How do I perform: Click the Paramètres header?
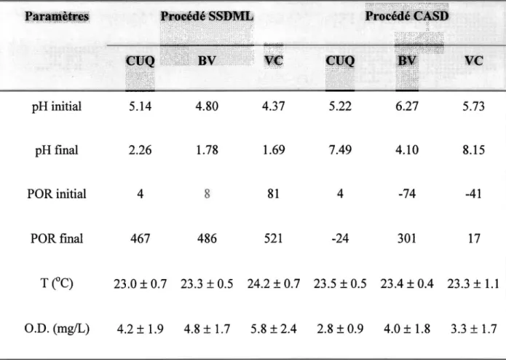[x=57, y=16]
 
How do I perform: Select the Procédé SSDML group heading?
[x=207, y=16]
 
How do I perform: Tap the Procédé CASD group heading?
[x=407, y=16]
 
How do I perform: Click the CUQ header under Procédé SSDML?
[x=140, y=60]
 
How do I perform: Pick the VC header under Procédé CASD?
[x=474, y=60]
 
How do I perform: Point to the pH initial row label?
[x=57, y=106]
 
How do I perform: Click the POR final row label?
[x=57, y=238]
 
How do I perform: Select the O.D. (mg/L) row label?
[x=57, y=329]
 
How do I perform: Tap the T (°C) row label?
[x=57, y=283]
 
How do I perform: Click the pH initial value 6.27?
[x=407, y=106]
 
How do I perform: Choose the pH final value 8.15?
[x=474, y=150]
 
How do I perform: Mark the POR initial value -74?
[x=407, y=194]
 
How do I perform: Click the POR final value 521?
[x=273, y=238]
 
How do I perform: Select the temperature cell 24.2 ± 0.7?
[x=274, y=283]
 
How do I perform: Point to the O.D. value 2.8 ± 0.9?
[x=340, y=329]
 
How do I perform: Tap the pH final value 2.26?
[x=140, y=150]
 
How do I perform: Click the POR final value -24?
[x=340, y=238]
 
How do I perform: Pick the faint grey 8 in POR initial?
[x=207, y=194]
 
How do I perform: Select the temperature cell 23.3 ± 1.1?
[x=473, y=283]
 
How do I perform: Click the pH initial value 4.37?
[x=273, y=106]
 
